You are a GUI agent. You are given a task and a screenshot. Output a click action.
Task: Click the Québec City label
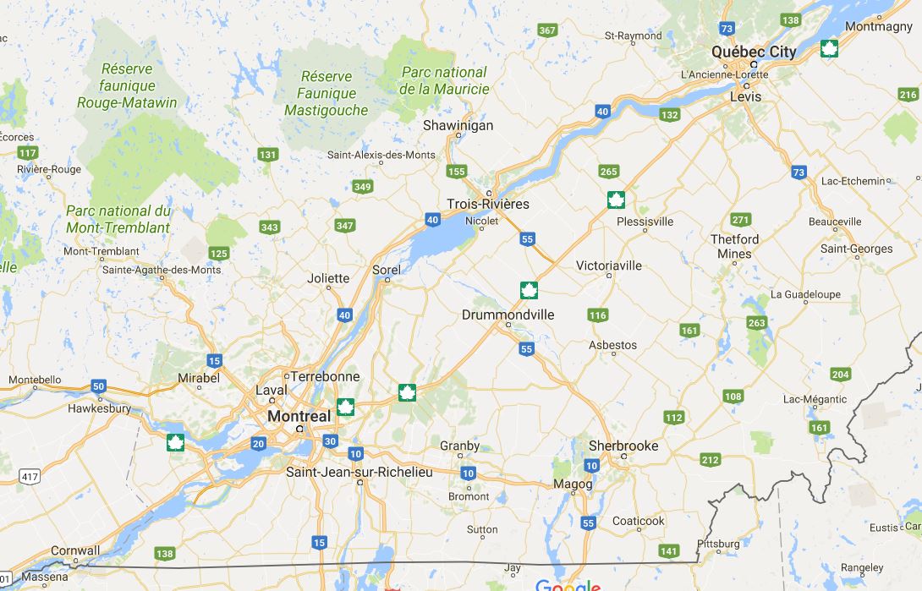(x=753, y=52)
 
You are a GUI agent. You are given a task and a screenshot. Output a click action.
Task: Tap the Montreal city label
(x=299, y=417)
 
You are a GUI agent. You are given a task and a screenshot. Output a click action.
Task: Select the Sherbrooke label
(x=623, y=446)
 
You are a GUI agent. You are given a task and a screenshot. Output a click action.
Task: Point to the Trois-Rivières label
(x=488, y=204)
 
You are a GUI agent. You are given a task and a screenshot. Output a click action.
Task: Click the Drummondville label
(x=508, y=315)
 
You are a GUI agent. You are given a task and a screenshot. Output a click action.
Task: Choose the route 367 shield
(x=547, y=30)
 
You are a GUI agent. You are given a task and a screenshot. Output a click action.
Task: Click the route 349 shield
(x=363, y=187)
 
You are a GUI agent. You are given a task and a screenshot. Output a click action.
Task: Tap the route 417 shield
(x=30, y=478)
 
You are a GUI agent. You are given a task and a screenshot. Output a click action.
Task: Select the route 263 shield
(x=756, y=323)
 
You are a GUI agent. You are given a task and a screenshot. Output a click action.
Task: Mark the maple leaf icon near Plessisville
(x=616, y=200)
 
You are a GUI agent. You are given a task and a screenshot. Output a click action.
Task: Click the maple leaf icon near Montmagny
(x=830, y=49)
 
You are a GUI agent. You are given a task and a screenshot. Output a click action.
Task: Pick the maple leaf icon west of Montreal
(x=175, y=442)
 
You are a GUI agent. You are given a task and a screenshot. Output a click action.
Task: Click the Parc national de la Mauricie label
(x=444, y=80)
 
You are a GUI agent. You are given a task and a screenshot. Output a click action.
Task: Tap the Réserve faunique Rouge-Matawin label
(x=127, y=85)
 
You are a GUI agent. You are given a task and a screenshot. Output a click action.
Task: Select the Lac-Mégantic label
(x=815, y=399)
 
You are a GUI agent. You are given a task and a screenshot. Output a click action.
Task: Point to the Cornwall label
(x=75, y=550)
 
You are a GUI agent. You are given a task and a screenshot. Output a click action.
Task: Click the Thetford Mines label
(x=734, y=246)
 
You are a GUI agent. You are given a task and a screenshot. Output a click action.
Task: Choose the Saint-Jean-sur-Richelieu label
(x=359, y=472)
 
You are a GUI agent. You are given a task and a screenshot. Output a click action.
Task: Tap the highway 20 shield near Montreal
(x=258, y=444)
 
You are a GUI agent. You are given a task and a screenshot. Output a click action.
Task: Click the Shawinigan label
(x=458, y=125)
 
